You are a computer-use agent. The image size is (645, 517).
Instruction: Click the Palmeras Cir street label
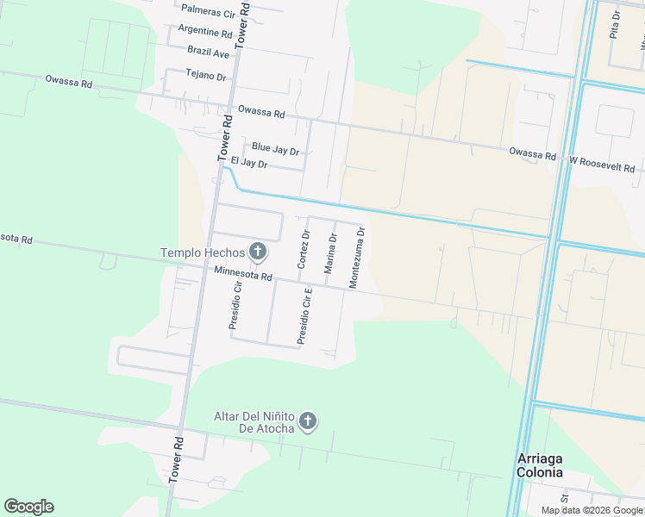[208, 14]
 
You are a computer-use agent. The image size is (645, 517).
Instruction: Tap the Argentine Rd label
[205, 32]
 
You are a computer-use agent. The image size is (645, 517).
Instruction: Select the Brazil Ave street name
[210, 53]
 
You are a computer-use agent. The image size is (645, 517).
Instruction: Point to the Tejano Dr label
[205, 76]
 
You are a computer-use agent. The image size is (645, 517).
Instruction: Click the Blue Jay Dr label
[275, 149]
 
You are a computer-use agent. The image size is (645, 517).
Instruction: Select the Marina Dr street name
[331, 253]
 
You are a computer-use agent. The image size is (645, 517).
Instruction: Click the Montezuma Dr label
[357, 257]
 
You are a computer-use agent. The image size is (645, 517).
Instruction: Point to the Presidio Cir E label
[304, 317]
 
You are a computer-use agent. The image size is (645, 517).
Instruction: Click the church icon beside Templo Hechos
[256, 252]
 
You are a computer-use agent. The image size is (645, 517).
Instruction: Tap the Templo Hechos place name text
[202, 252]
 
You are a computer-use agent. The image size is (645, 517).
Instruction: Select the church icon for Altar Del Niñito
[308, 422]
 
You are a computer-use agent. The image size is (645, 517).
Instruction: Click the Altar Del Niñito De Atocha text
[254, 422]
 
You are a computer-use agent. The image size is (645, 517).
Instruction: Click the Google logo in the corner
[28, 507]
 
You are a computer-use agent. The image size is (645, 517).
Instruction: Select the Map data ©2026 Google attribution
[592, 510]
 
